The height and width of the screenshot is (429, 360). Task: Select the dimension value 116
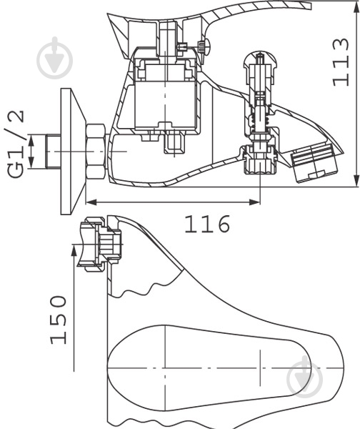point(208,225)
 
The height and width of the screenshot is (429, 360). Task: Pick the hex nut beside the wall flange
point(96,152)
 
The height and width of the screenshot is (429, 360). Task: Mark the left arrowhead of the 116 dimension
point(89,202)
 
